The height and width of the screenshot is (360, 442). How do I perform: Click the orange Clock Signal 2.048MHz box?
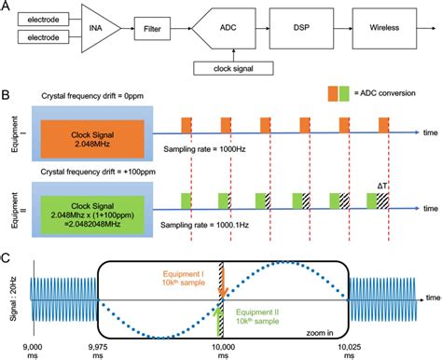[x=85, y=137]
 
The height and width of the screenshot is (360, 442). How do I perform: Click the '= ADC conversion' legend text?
[x=386, y=94]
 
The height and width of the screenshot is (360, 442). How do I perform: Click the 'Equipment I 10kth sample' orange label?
[x=191, y=280]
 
